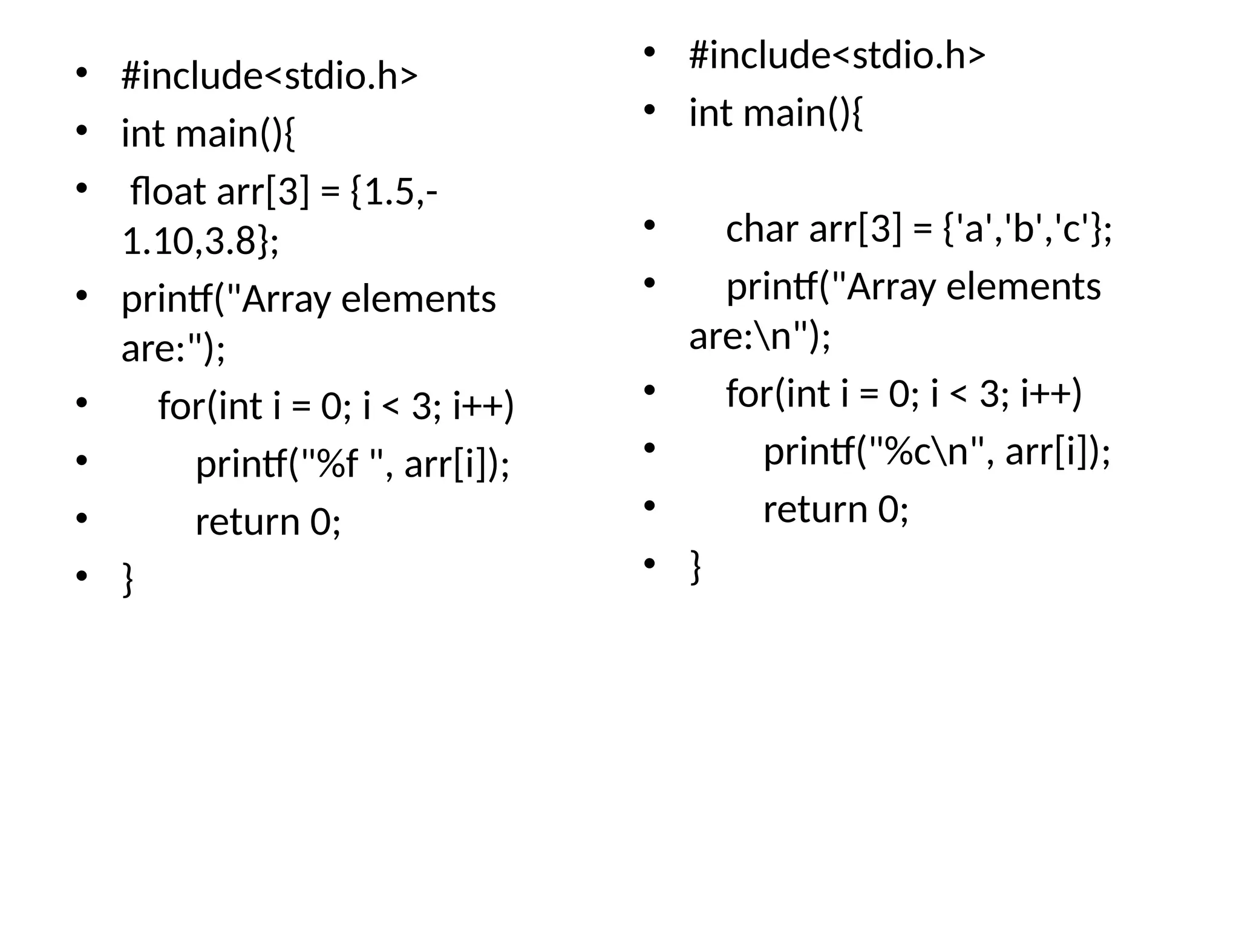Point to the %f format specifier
(x=336, y=465)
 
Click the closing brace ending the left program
(x=128, y=579)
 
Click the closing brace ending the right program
(x=696, y=566)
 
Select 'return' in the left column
(x=247, y=522)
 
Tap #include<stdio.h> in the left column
(x=269, y=76)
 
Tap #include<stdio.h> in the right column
(x=837, y=56)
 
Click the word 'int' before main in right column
(x=710, y=113)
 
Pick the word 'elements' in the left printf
(x=418, y=299)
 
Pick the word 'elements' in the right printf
(x=1023, y=287)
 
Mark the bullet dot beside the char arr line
(x=650, y=226)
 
